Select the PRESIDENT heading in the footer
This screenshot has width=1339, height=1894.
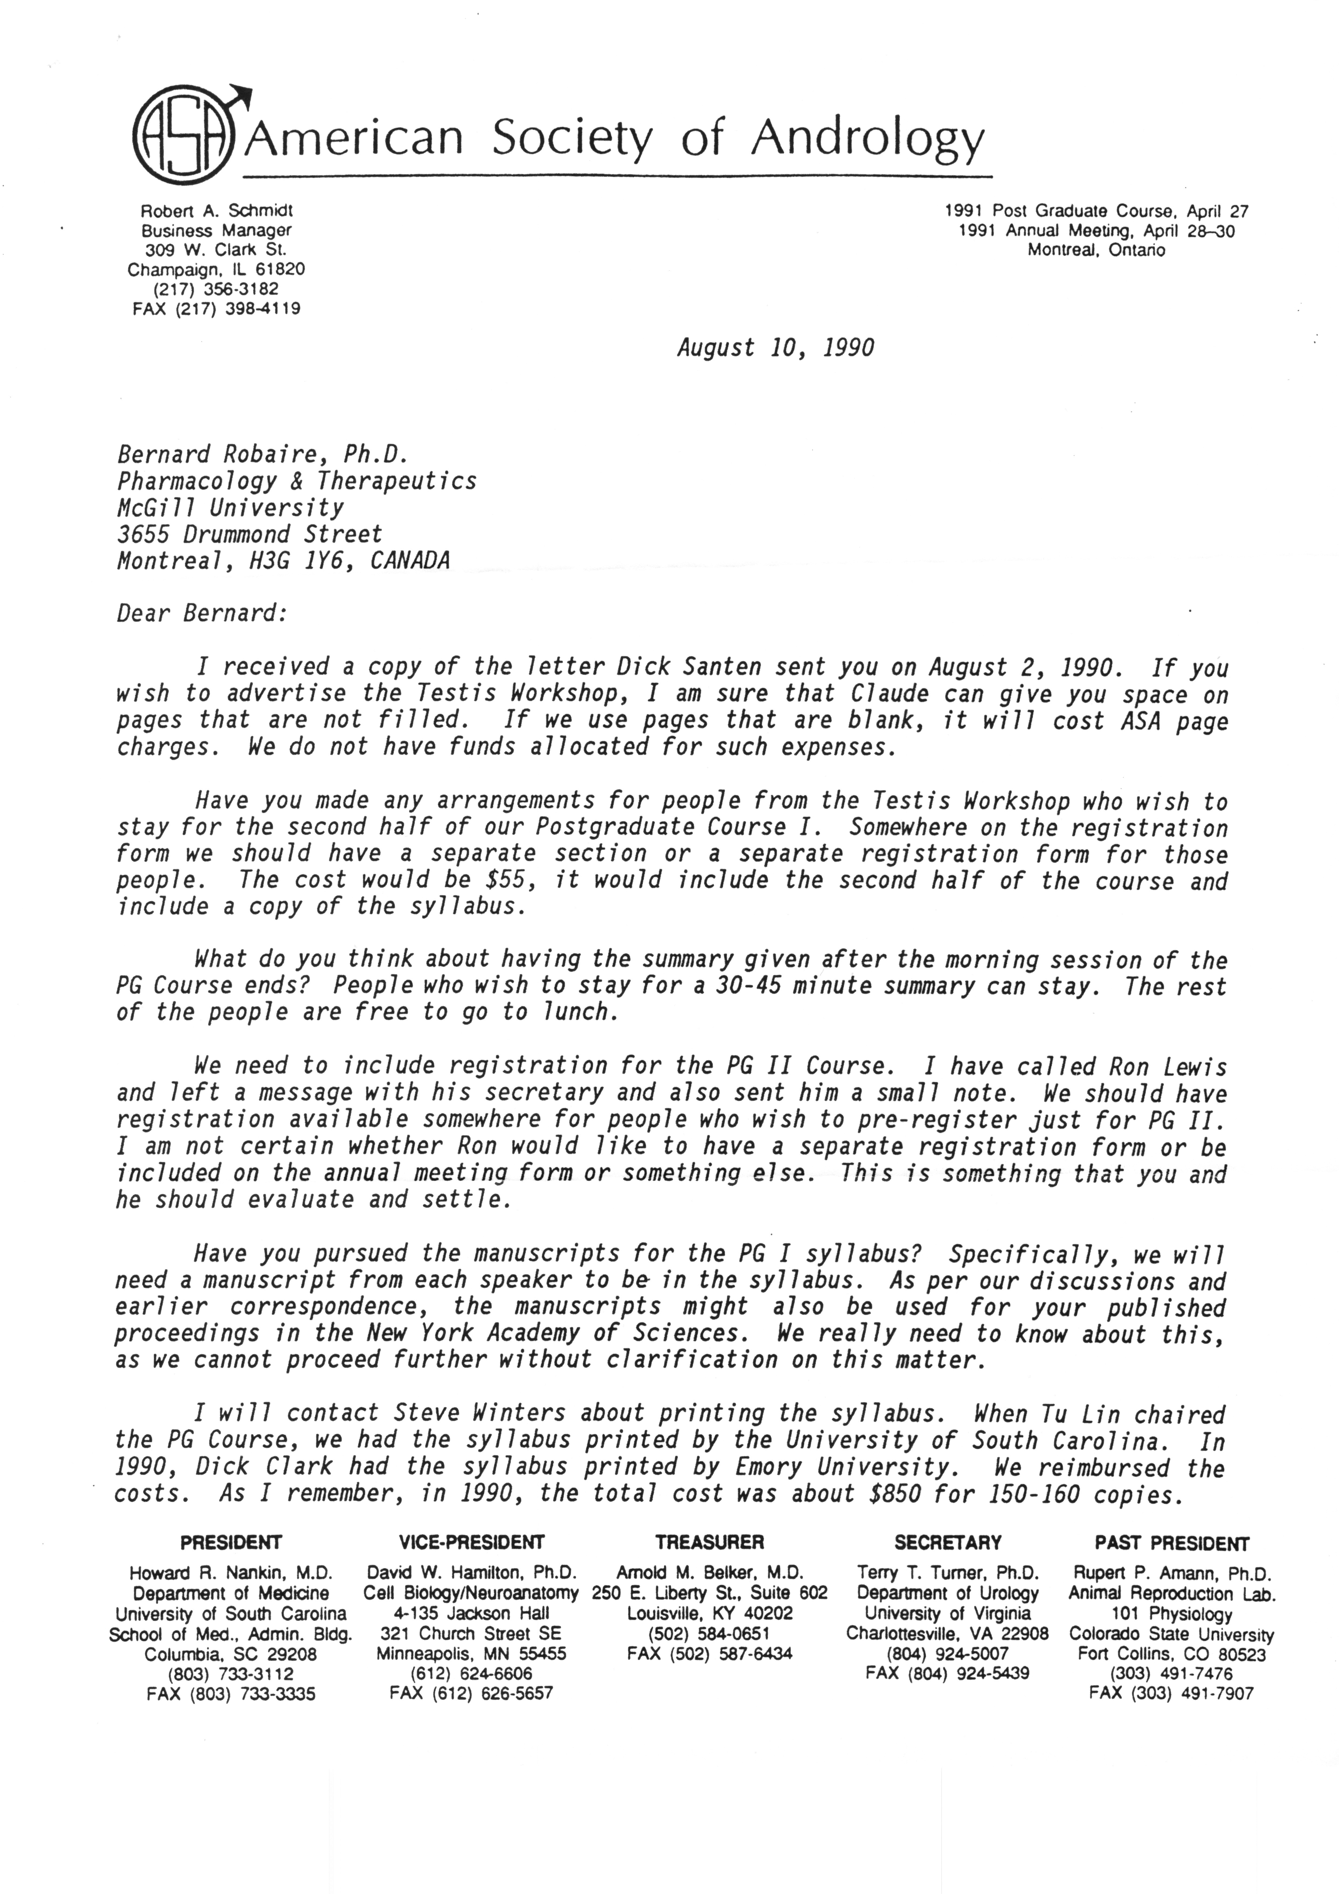point(231,1543)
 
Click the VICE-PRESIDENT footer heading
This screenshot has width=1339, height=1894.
point(471,1543)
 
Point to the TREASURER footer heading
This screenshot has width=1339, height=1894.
point(710,1543)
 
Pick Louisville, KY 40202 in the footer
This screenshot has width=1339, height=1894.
point(710,1613)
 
